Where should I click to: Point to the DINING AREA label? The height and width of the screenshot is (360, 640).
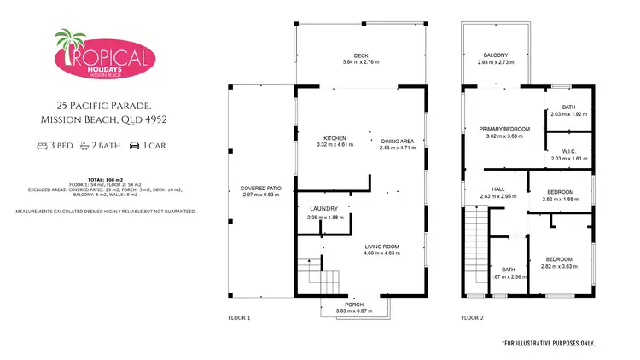coord(397,141)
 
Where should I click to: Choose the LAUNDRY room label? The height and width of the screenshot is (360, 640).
coord(323,208)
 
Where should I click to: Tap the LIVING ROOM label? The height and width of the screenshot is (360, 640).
coord(381,247)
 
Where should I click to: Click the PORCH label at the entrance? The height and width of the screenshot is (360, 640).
coord(354,304)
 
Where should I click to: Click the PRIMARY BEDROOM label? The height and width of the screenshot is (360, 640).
coord(503,129)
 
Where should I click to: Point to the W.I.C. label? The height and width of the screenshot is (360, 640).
coord(568,150)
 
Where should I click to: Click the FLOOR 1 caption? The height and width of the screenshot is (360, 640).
coord(239,317)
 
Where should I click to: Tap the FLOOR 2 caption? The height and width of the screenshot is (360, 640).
coord(472,317)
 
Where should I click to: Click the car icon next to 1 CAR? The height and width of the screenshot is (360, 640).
coord(135,146)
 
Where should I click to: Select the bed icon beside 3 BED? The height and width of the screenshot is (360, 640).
coord(43,146)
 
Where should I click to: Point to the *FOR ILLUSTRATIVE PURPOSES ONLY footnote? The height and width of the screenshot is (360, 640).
coord(548,342)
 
